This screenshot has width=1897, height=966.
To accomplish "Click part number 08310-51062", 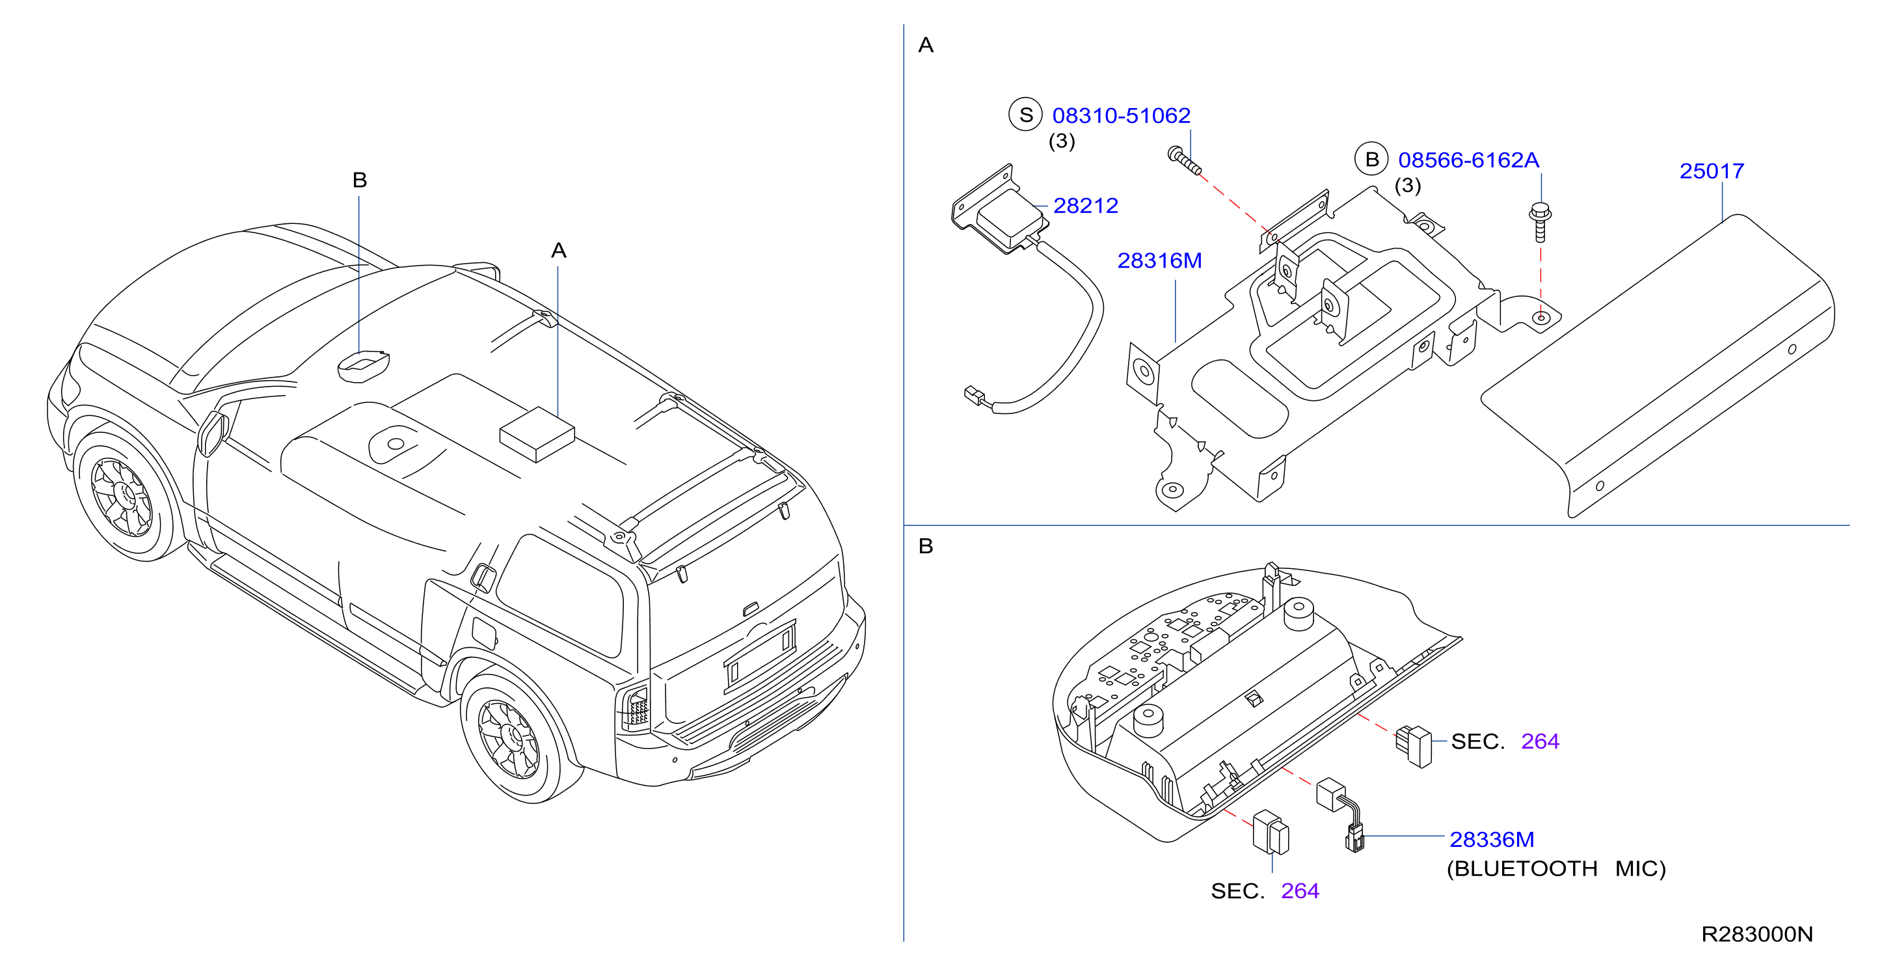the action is [x=1121, y=116].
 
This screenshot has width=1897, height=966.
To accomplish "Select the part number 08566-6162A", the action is [x=1468, y=160].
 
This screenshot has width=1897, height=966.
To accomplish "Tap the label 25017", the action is [x=1712, y=171].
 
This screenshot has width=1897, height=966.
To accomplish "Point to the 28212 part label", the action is [x=1086, y=206].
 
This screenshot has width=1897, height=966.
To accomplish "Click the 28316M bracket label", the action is [x=1160, y=260].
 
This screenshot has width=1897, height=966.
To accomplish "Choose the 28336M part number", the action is [x=1492, y=839].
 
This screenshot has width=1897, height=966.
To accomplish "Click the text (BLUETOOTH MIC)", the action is [x=1556, y=869].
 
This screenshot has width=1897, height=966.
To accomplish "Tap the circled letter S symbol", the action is [x=1026, y=115].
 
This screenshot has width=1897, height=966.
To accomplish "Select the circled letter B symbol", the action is [x=1372, y=159].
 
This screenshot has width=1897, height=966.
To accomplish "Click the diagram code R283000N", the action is [x=1757, y=934].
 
